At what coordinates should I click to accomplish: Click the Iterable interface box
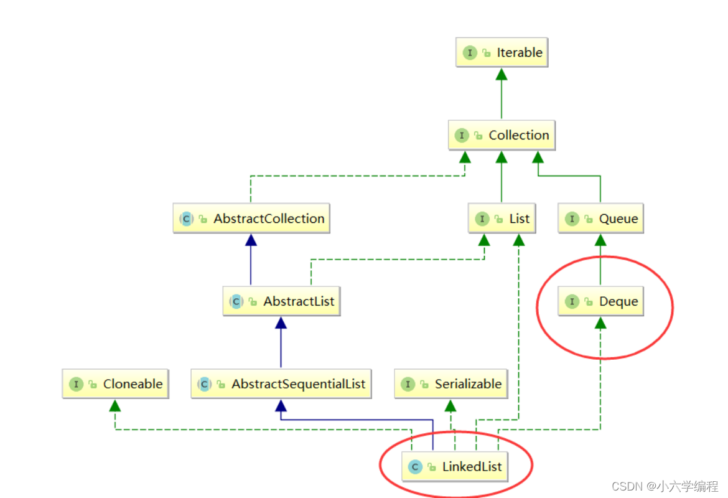502,53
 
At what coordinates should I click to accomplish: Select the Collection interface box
502,135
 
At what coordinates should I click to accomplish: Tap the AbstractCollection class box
251,218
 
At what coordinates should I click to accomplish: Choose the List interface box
502,218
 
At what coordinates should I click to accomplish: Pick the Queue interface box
600,218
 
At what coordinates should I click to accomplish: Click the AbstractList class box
281,301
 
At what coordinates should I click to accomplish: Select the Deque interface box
600,301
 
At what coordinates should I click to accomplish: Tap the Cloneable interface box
115,384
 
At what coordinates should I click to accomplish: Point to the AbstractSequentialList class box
281,384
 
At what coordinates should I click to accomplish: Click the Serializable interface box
450,384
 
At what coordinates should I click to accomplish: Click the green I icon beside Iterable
470,53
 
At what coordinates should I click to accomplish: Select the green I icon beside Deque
572,301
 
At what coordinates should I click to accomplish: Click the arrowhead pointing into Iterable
502,74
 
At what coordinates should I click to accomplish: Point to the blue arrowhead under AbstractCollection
251,240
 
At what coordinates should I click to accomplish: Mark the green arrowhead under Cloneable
115,405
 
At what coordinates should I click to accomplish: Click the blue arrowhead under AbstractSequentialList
281,405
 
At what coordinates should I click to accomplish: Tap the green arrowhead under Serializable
450,405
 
